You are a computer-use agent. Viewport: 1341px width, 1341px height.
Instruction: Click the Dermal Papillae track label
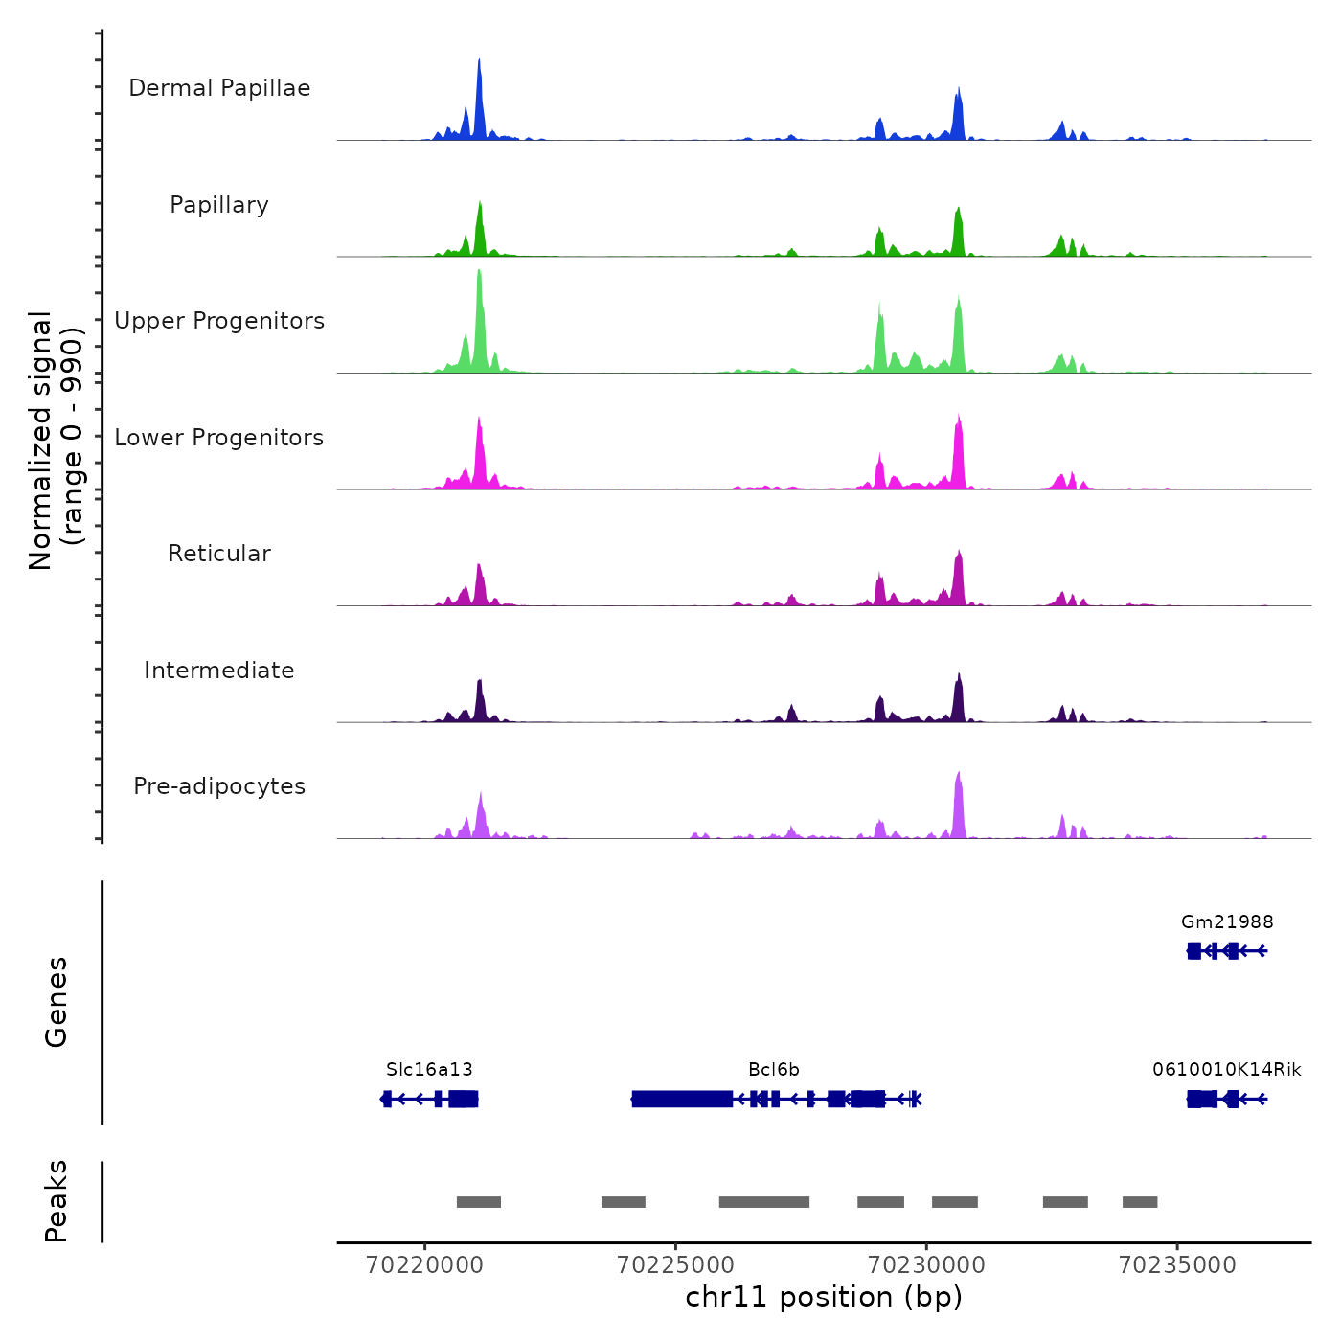(x=219, y=88)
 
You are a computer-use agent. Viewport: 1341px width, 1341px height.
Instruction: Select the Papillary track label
(x=219, y=205)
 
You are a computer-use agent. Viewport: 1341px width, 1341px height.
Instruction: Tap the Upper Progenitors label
(x=219, y=321)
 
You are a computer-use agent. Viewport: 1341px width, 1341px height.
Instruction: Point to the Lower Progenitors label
(x=219, y=438)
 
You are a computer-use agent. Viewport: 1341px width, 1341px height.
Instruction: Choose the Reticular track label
(x=219, y=554)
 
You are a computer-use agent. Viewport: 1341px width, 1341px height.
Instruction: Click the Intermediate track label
(x=219, y=670)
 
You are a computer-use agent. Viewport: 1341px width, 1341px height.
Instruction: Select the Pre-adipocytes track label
(x=219, y=786)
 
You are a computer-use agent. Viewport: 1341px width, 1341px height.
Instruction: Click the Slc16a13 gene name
(x=429, y=1069)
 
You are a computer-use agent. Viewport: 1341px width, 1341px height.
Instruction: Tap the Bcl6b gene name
(x=774, y=1069)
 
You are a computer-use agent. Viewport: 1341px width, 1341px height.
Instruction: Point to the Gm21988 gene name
(x=1227, y=922)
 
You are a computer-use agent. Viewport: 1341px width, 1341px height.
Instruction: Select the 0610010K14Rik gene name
(x=1227, y=1069)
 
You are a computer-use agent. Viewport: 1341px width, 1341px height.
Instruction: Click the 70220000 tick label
(x=424, y=1265)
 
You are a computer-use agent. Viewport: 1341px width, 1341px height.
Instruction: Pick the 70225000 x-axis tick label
(x=675, y=1265)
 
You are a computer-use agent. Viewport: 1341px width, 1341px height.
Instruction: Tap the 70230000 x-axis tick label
(x=926, y=1265)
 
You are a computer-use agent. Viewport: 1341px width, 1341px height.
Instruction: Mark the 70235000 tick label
(x=1177, y=1265)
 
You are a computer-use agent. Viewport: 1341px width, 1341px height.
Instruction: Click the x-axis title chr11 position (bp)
(x=824, y=1297)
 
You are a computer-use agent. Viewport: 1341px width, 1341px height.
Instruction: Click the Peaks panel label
(x=57, y=1201)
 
